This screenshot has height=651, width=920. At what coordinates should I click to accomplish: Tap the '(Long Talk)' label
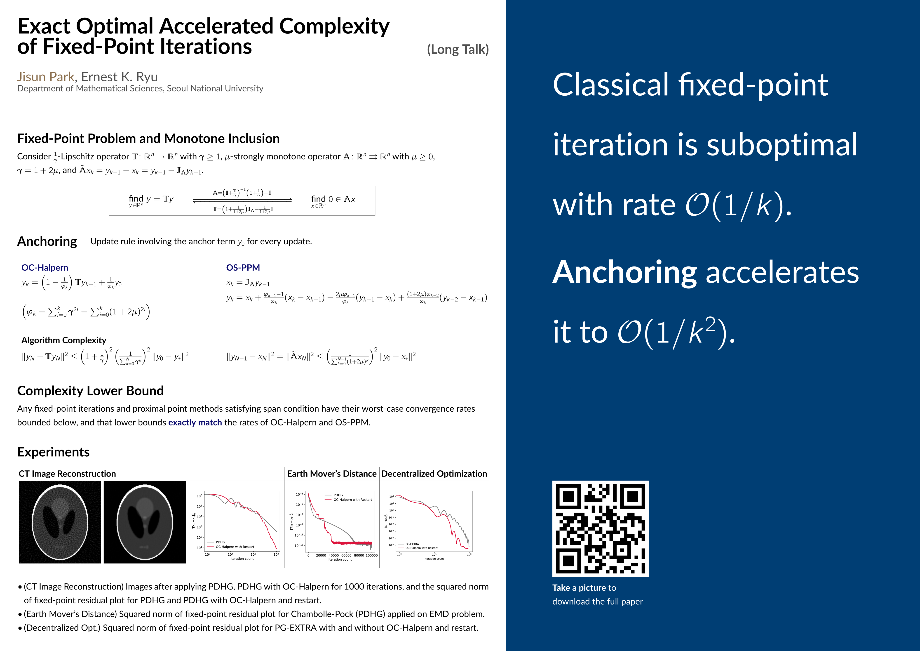pos(458,49)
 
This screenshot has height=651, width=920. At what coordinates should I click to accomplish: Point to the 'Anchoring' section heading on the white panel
pos(47,241)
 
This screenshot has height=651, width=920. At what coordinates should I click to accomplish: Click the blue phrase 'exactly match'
pos(195,422)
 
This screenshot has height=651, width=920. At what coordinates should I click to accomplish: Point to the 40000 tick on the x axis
pos(333,555)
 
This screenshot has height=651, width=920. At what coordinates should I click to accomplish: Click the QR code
pos(600,529)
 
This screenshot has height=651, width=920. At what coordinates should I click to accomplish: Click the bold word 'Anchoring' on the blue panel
pos(625,272)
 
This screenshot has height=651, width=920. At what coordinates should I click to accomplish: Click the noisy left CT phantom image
pos(60,522)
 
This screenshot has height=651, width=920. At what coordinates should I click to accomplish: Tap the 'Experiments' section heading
pos(53,452)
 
